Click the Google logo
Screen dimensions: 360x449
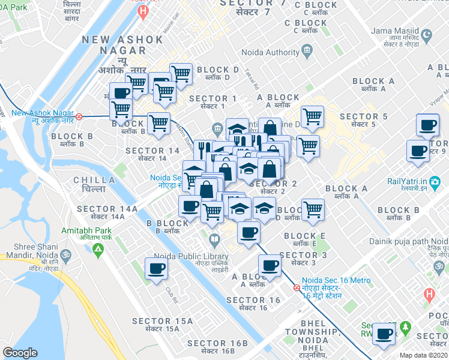(x=20, y=353)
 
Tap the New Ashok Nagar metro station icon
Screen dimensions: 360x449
(x=79, y=116)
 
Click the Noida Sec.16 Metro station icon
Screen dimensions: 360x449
(x=297, y=287)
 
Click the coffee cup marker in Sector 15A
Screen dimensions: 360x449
(x=156, y=268)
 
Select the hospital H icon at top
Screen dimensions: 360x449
(x=142, y=11)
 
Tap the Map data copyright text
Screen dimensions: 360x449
(x=424, y=355)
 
